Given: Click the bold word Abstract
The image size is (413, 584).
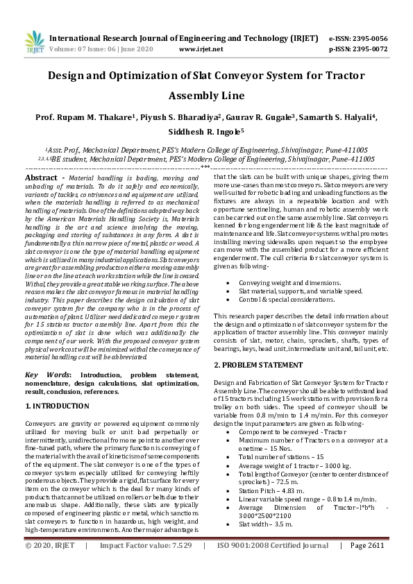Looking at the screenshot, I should (x=40, y=178).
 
